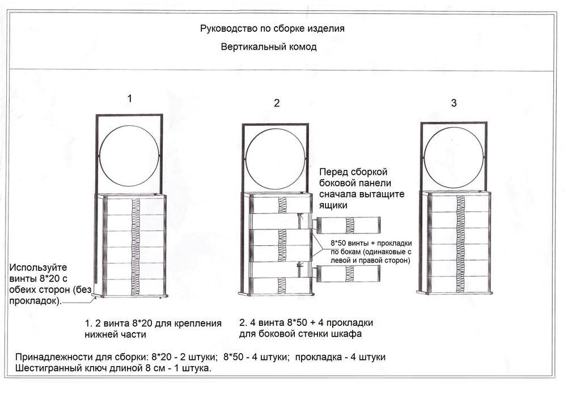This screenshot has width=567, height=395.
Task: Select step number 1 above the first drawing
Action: point(130,98)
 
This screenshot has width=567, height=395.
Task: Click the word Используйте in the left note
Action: point(35,267)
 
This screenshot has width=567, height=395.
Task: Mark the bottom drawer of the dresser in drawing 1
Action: point(132,287)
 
